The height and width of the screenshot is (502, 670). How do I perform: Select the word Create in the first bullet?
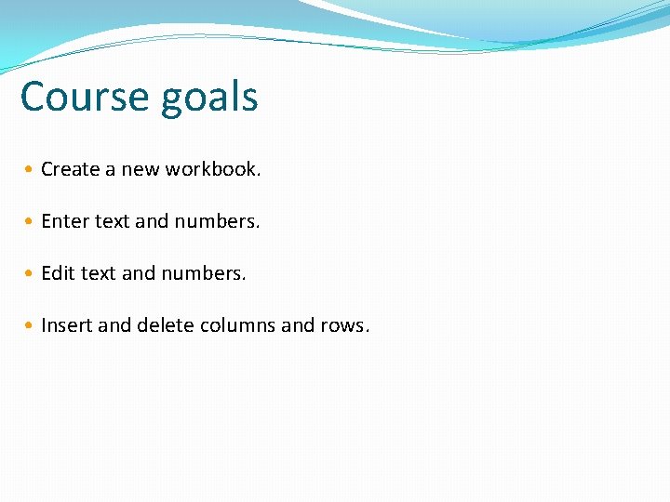point(70,169)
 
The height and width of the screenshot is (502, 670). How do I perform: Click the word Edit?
point(58,273)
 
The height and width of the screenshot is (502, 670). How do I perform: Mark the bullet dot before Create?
point(31,170)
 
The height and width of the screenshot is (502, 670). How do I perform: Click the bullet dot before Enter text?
point(31,222)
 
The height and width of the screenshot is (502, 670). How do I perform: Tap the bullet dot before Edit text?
point(31,274)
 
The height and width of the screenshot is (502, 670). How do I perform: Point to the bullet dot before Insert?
point(31,326)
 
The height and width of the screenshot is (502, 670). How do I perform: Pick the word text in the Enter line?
point(112,221)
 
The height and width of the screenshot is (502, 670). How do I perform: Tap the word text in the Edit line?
point(98,273)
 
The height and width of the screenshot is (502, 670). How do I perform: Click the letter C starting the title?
point(33,97)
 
